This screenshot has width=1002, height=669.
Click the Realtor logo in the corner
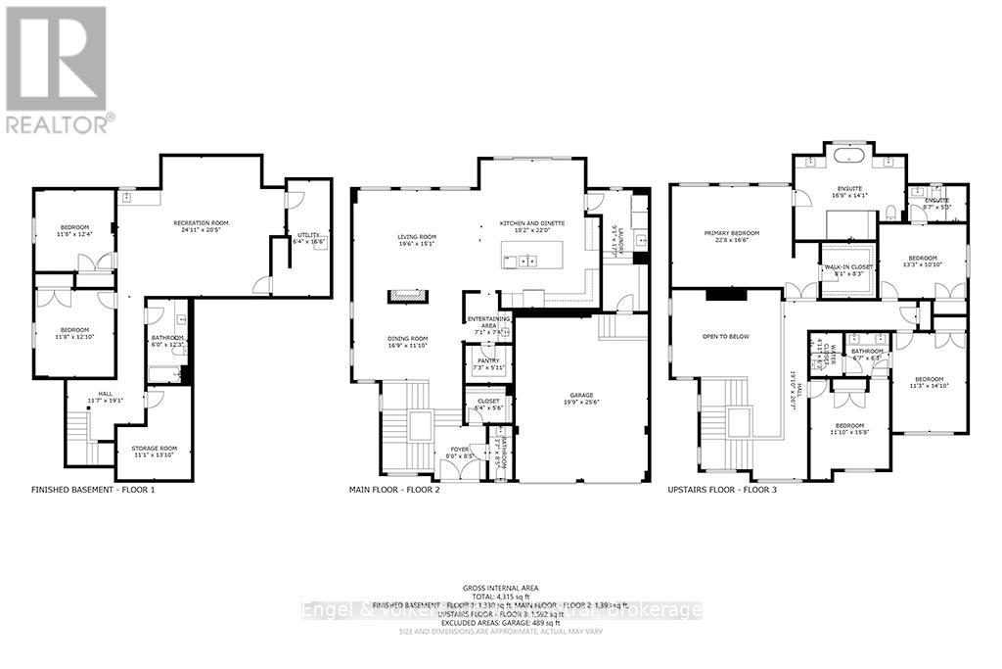point(57,69)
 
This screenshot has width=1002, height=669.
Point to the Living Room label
point(417,236)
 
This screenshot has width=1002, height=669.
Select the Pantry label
point(487,361)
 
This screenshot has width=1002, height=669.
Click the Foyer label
point(460,452)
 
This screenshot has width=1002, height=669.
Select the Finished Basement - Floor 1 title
point(93,489)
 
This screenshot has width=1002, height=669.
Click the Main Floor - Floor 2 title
point(394,489)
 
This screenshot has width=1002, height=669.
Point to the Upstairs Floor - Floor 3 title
point(722,489)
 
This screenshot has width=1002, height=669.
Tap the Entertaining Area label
point(485,323)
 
